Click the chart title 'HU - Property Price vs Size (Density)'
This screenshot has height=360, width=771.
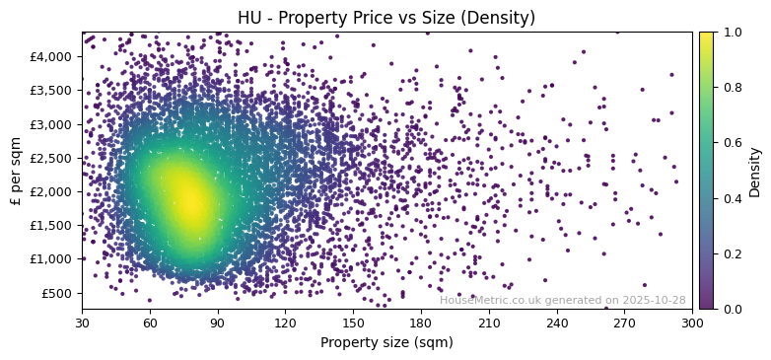[x=386, y=18]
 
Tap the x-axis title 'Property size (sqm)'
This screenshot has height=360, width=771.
[x=386, y=342]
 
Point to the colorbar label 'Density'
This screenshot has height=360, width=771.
[x=755, y=172]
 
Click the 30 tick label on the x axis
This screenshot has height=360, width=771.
[x=82, y=323]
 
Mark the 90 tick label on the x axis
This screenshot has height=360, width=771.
[x=218, y=323]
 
